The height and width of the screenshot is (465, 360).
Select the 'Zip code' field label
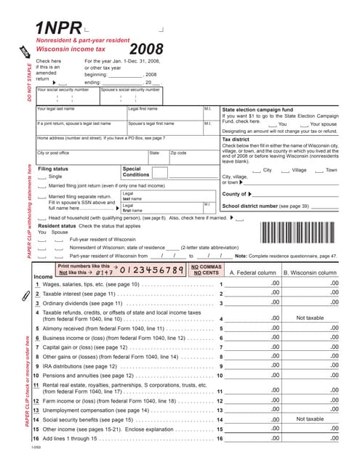(x=178, y=153)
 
